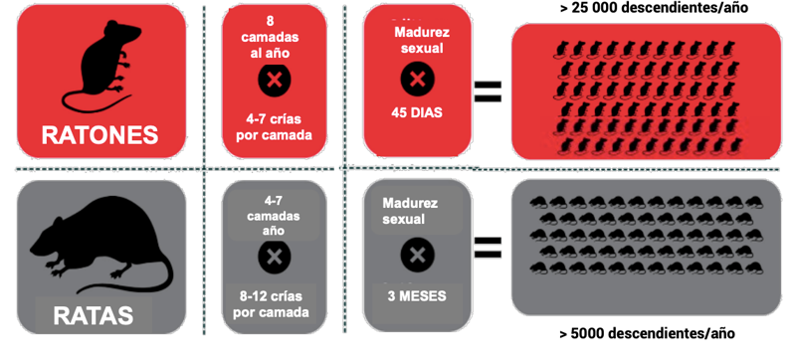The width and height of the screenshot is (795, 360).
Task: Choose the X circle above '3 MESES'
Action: coord(417,255)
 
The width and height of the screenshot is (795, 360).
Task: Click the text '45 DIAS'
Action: coord(417,112)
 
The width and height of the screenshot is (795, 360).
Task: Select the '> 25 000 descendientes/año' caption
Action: coord(653,8)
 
